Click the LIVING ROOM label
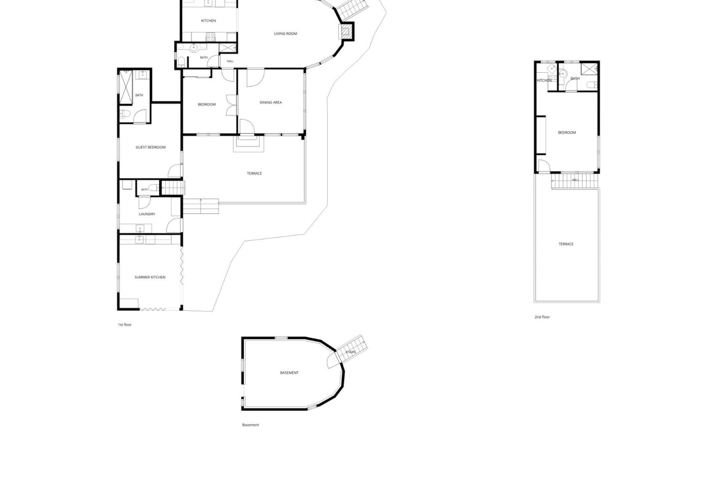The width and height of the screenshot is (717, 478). tap(285, 34)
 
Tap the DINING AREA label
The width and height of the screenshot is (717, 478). tap(271, 102)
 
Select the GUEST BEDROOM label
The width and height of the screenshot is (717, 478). tap(150, 147)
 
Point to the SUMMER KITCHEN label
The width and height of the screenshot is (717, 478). tap(150, 277)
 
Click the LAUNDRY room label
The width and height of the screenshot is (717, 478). tap(147, 214)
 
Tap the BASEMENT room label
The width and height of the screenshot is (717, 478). tap(289, 373)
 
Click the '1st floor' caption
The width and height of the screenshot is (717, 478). tap(125, 325)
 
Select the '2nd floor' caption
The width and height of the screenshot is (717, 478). tap(542, 317)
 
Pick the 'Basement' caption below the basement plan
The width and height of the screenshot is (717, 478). tap(251, 425)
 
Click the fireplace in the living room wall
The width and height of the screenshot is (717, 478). tap(346, 31)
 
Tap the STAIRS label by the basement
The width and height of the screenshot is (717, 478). tap(351, 352)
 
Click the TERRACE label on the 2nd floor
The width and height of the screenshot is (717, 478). tap(566, 244)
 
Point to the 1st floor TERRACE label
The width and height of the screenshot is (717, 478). tap(254, 173)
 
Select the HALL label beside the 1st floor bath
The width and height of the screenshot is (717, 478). tap(230, 61)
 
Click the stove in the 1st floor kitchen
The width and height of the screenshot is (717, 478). tap(210, 37)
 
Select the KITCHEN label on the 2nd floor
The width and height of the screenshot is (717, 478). tap(544, 81)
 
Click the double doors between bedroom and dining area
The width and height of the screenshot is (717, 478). tap(231, 105)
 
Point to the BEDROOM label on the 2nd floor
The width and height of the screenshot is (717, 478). tap(567, 133)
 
